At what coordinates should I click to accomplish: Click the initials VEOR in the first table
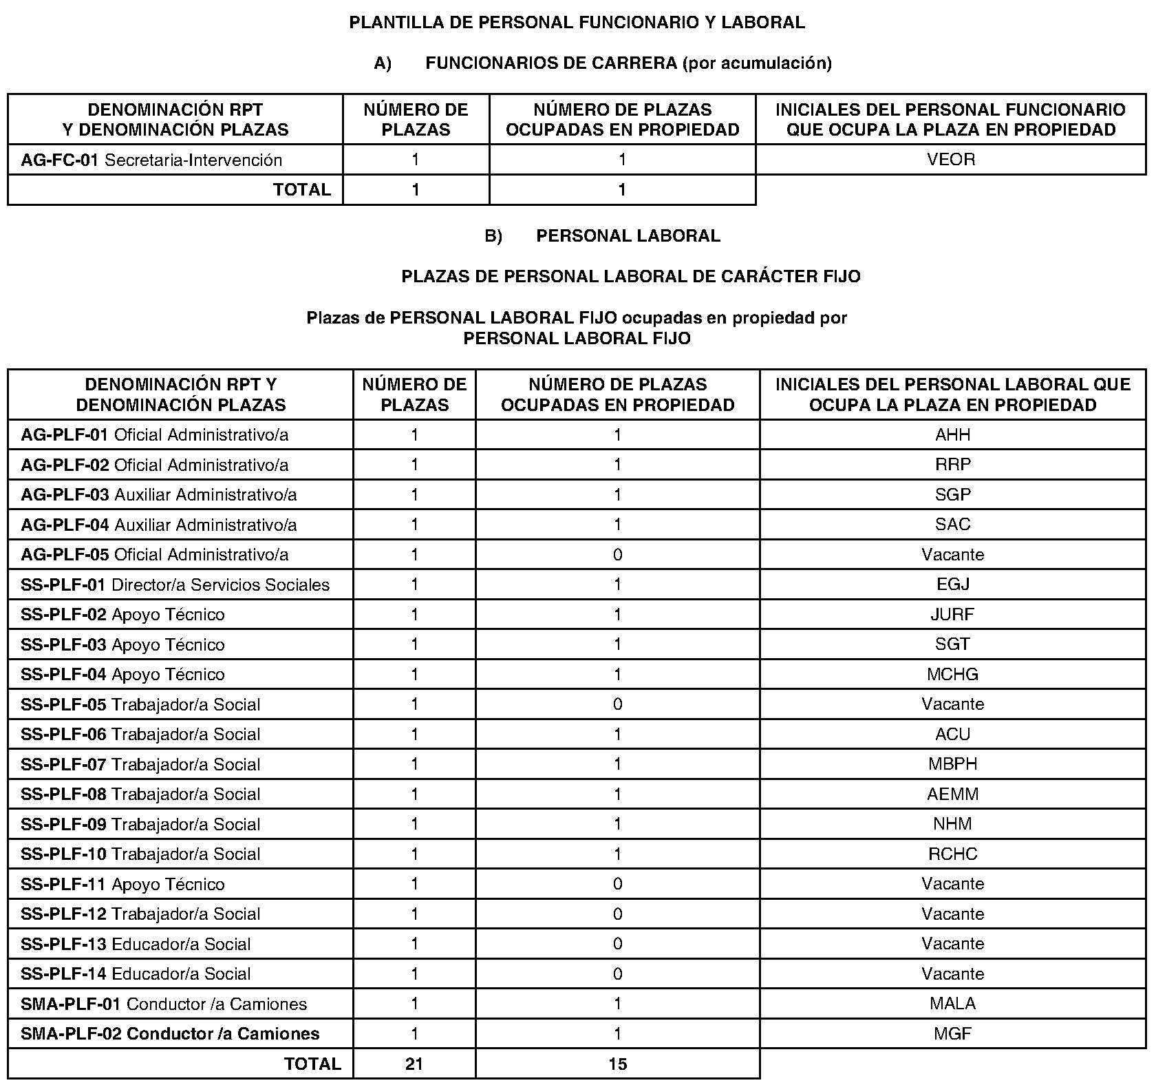(x=950, y=160)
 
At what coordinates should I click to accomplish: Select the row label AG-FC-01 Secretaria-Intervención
(x=151, y=160)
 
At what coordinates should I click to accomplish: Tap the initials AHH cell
(x=952, y=435)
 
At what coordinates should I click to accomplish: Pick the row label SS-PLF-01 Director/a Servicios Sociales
(x=175, y=585)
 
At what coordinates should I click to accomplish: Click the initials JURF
(x=952, y=615)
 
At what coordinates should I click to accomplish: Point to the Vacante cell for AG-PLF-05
(x=952, y=555)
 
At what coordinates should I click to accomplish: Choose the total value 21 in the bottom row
(x=414, y=1064)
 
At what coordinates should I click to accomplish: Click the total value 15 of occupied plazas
(x=617, y=1064)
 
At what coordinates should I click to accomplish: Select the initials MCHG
(x=952, y=675)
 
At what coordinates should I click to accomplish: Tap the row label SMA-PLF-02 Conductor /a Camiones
(x=170, y=1034)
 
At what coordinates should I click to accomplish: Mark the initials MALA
(x=952, y=1004)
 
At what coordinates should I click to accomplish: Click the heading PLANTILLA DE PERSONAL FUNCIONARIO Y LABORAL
(x=577, y=23)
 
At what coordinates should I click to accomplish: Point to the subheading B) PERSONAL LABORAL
(x=602, y=236)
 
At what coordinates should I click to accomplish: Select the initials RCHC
(x=952, y=854)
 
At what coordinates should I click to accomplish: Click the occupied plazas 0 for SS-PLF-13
(x=617, y=944)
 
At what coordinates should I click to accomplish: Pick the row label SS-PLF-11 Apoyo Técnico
(x=122, y=885)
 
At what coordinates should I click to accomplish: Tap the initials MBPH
(x=952, y=764)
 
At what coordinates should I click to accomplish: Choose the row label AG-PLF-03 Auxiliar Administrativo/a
(x=158, y=495)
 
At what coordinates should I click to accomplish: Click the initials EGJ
(x=952, y=585)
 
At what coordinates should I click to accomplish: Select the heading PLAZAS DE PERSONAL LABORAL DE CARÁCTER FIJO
(x=630, y=277)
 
